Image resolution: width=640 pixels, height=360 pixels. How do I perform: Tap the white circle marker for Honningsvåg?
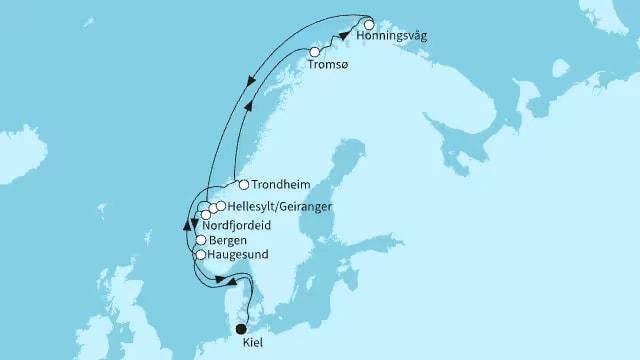(x=369, y=25)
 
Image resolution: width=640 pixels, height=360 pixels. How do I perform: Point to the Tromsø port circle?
(x=315, y=52)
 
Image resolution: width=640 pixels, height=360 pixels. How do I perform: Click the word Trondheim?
(x=279, y=185)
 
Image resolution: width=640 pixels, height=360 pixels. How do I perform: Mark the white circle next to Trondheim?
(x=243, y=184)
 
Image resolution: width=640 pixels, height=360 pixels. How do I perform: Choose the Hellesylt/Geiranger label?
(x=266, y=206)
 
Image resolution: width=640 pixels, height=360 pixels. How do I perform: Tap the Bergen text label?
(x=228, y=241)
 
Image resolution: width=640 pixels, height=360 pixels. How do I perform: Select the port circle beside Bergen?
(x=202, y=241)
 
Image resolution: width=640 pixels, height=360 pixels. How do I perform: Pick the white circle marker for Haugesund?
(x=200, y=255)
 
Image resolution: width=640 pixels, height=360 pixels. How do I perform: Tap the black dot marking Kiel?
(x=240, y=327)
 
